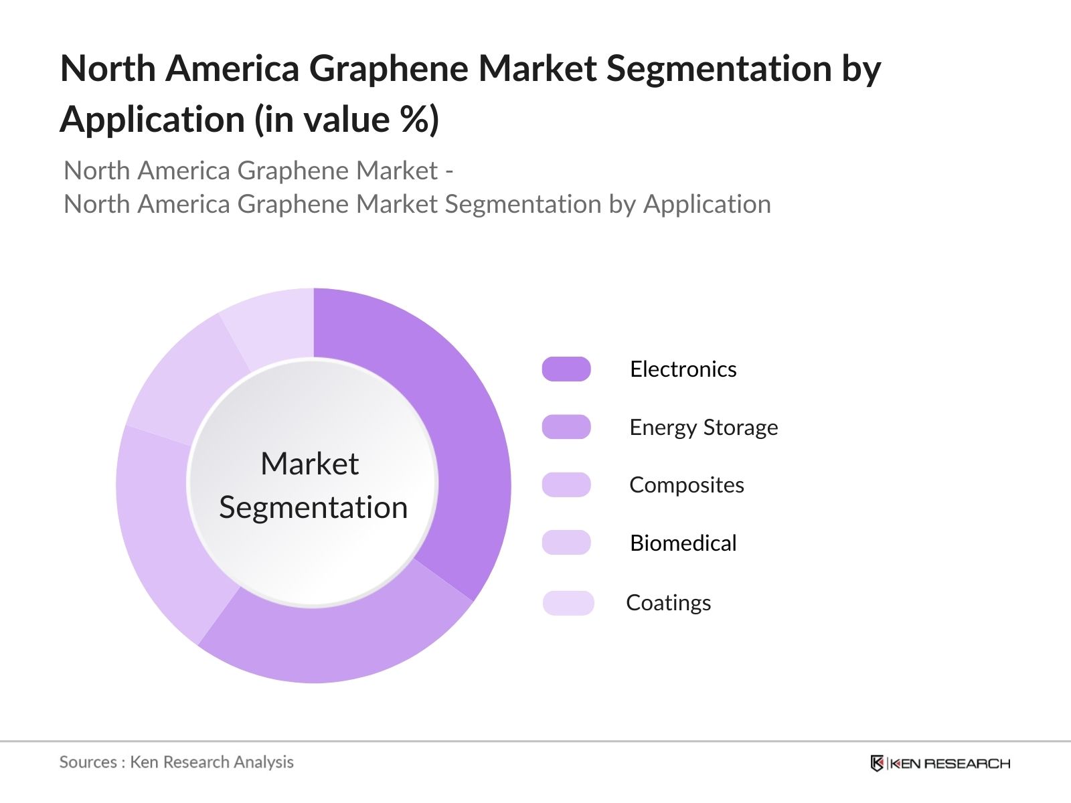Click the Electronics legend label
tap(683, 369)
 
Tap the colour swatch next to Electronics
tap(566, 369)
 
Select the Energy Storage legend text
tap(704, 427)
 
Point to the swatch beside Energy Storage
tap(566, 427)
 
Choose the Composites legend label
tap(687, 484)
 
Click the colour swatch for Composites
tap(566, 484)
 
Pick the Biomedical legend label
tap(683, 543)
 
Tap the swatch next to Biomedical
tap(566, 543)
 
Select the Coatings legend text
tap(668, 602)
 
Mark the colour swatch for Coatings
tap(568, 603)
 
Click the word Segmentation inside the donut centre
tap(313, 507)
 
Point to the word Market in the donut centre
tap(309, 464)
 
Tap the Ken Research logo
tap(940, 763)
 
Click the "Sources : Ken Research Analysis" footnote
tap(177, 762)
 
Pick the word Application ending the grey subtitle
tap(707, 204)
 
